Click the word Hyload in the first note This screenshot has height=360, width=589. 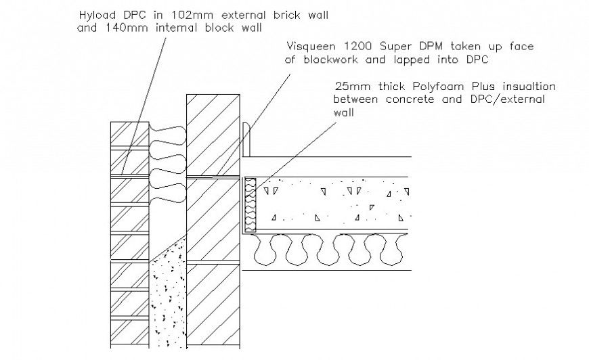pyautogui.click(x=96, y=14)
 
